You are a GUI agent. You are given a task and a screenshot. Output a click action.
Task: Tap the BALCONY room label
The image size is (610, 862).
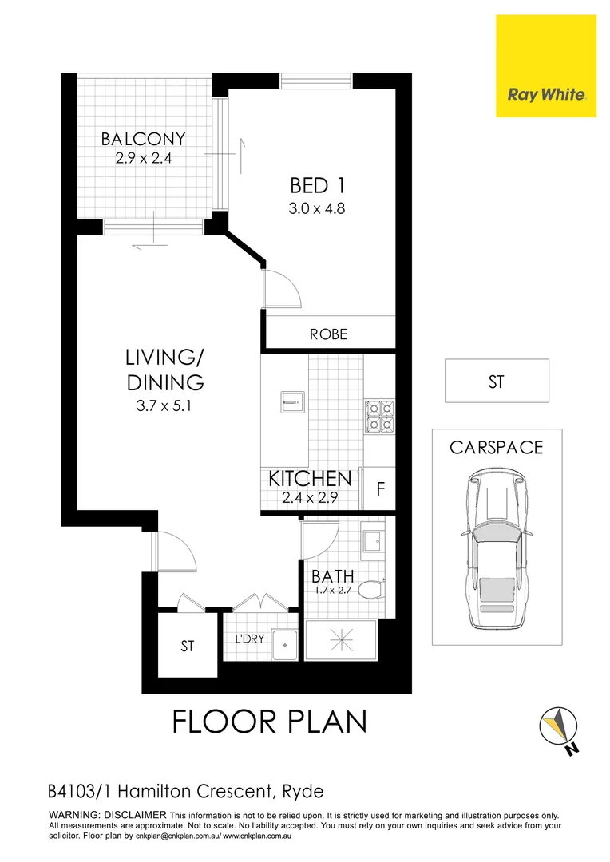click(143, 139)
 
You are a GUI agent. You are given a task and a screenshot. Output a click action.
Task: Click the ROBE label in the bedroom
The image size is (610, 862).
click(329, 334)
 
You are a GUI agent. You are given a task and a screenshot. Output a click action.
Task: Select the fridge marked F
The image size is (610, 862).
click(380, 489)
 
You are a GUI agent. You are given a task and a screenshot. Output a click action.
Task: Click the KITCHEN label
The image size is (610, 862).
click(310, 479)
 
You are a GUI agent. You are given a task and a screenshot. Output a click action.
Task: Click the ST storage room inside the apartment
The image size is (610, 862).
click(187, 646)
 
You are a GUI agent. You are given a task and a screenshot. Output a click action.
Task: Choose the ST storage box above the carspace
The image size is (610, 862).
click(497, 382)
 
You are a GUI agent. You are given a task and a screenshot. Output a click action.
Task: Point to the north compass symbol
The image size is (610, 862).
click(562, 729)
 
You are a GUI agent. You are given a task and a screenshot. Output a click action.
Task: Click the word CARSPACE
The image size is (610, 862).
click(496, 447)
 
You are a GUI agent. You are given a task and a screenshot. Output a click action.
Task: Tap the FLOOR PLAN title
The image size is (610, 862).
click(270, 722)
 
